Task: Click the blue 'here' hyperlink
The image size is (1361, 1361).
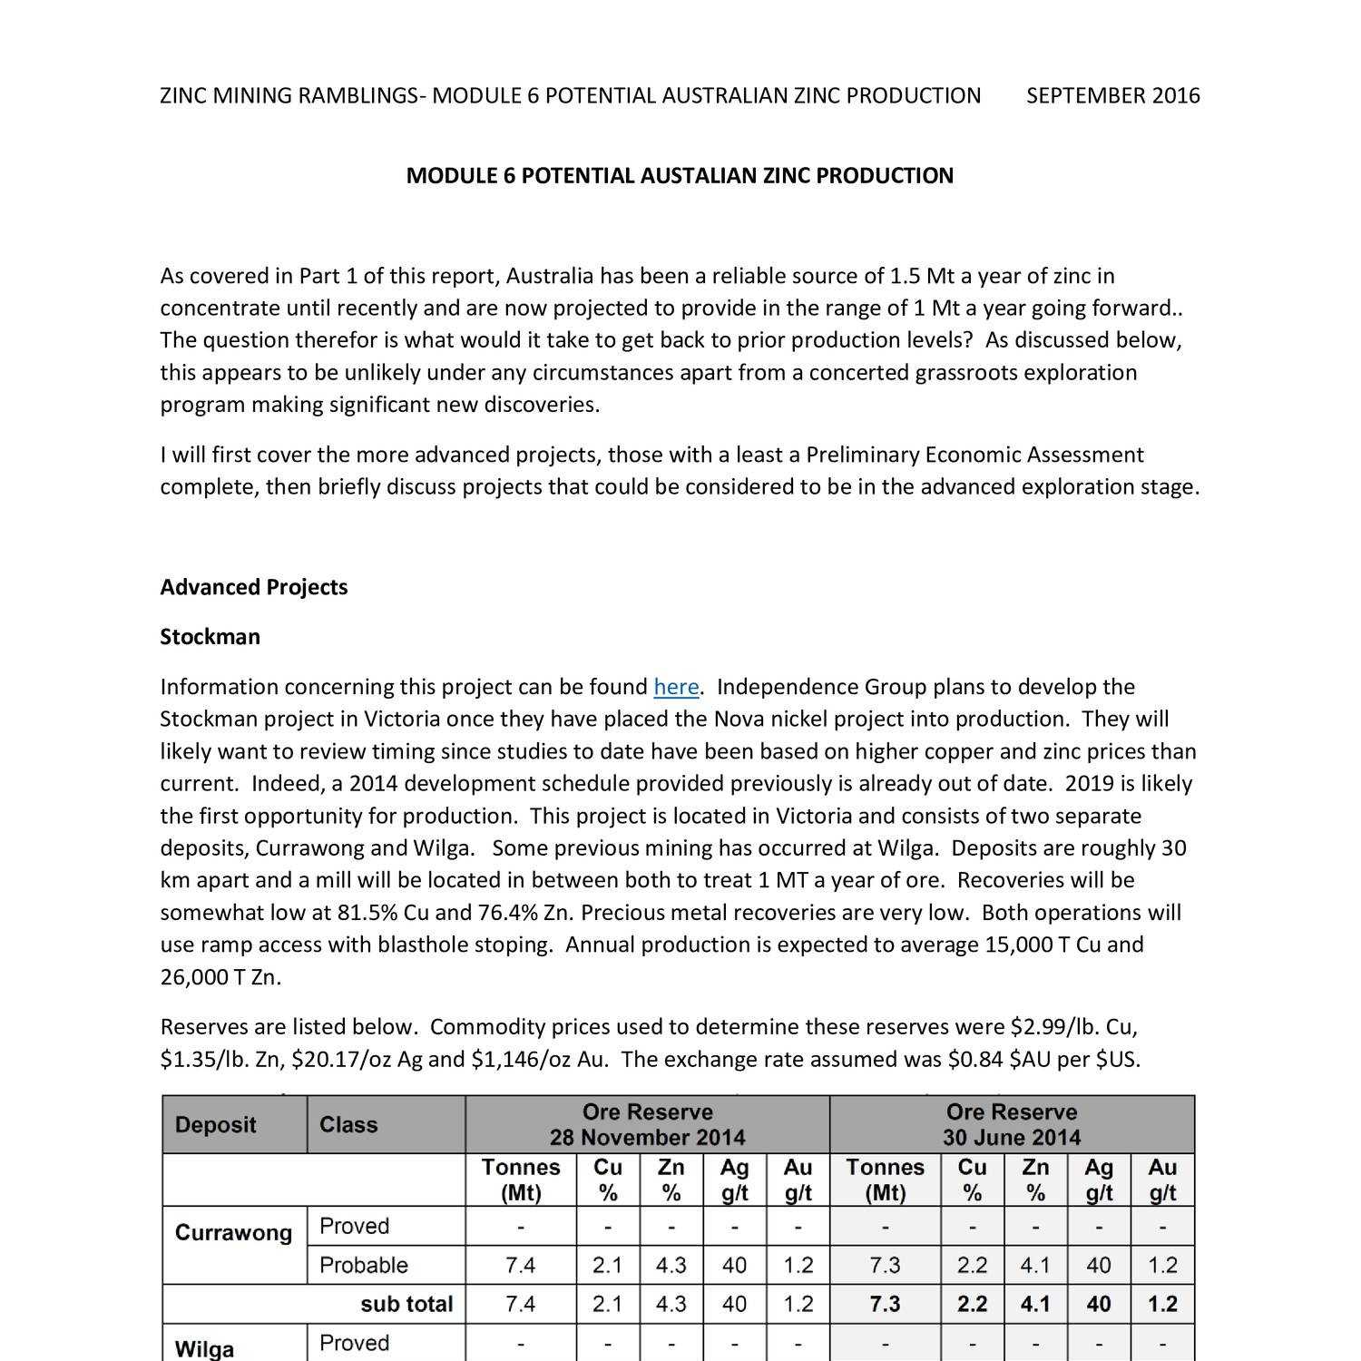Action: click(x=676, y=687)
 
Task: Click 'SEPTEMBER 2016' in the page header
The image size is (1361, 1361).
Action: click(x=1112, y=95)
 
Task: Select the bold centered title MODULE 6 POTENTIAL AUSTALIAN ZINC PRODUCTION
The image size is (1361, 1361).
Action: click(x=680, y=175)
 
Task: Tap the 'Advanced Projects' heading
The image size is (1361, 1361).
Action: click(x=254, y=587)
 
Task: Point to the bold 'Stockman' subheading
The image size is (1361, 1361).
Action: click(x=210, y=637)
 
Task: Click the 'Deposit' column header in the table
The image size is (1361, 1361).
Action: click(x=216, y=1125)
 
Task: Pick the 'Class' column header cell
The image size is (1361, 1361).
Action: click(x=348, y=1125)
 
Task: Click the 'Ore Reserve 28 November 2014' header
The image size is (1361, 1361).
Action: click(x=647, y=1125)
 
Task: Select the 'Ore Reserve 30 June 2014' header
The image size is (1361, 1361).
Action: click(x=1011, y=1125)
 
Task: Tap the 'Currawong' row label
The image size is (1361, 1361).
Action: click(x=233, y=1233)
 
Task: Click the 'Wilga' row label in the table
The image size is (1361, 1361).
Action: click(x=204, y=1349)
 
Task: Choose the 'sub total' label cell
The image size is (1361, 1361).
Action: click(x=406, y=1305)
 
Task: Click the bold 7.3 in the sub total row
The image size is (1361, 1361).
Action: click(x=885, y=1305)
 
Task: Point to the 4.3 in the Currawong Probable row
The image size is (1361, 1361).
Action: click(x=671, y=1266)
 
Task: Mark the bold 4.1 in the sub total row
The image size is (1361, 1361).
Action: click(x=1035, y=1305)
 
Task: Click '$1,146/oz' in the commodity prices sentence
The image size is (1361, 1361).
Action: click(x=521, y=1060)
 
